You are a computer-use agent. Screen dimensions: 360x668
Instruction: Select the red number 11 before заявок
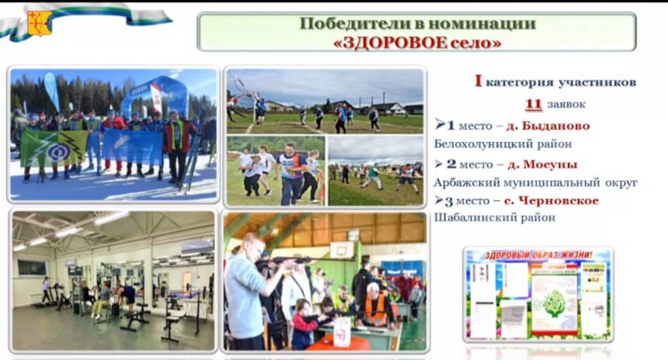pyautogui.click(x=533, y=104)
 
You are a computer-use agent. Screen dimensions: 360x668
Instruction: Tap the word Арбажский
pyautogui.click(x=466, y=183)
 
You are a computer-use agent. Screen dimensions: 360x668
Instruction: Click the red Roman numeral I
pyautogui.click(x=478, y=81)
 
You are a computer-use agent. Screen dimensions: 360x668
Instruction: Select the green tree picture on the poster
pyautogui.click(x=553, y=302)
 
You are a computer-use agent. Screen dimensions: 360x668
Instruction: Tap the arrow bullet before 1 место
pyautogui.click(x=440, y=124)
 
